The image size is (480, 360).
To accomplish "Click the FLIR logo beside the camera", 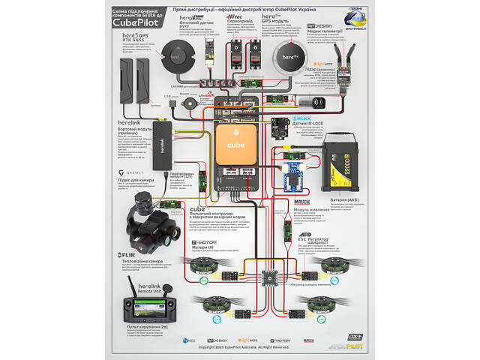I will click(127, 255).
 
